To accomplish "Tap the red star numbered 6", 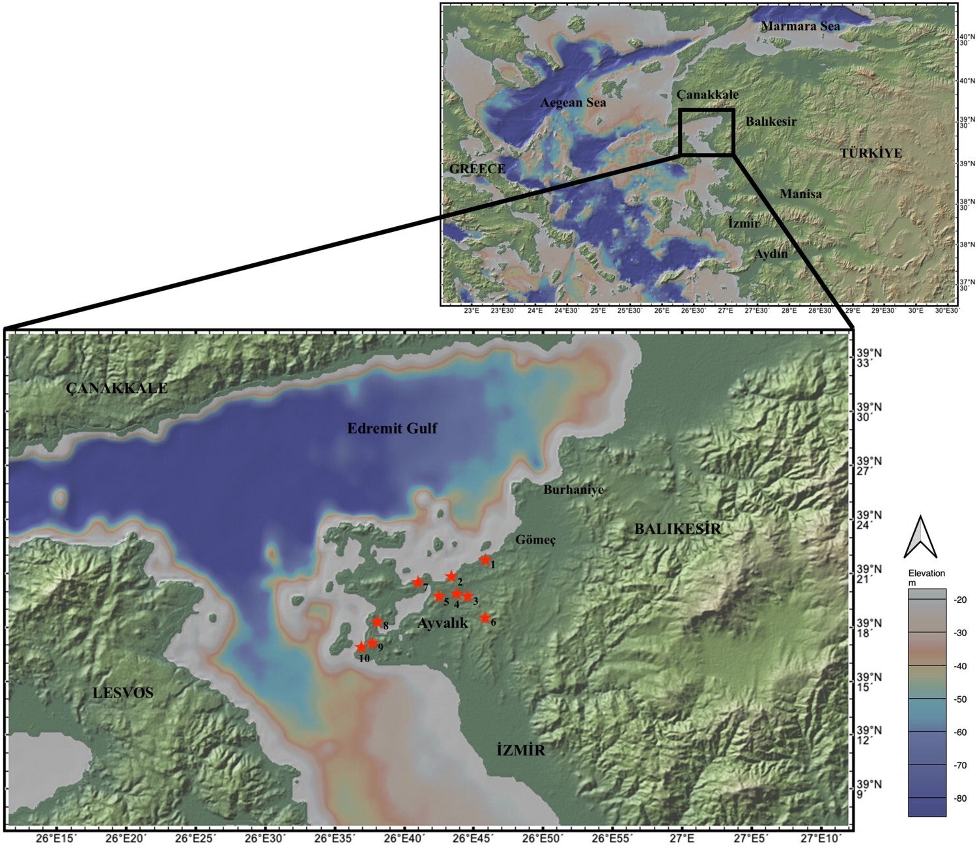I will pos(485,618).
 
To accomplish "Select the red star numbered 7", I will pos(418,582).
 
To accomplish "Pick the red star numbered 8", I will pos(377,622).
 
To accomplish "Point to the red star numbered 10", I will pos(361,647).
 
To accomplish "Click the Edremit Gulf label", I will pos(392,428).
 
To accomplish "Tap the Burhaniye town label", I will pos(573,490).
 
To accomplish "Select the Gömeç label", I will pos(535,540).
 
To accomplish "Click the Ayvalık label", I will pos(442,624).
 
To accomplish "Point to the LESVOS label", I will pos(123,692).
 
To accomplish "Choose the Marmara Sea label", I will pos(800,26).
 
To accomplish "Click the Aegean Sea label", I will pos(573,103).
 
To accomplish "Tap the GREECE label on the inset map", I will pos(477,169).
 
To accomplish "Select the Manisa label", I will pos(800,194).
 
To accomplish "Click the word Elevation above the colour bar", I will pos(926,574).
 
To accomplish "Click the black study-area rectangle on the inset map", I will pos(707,132).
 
